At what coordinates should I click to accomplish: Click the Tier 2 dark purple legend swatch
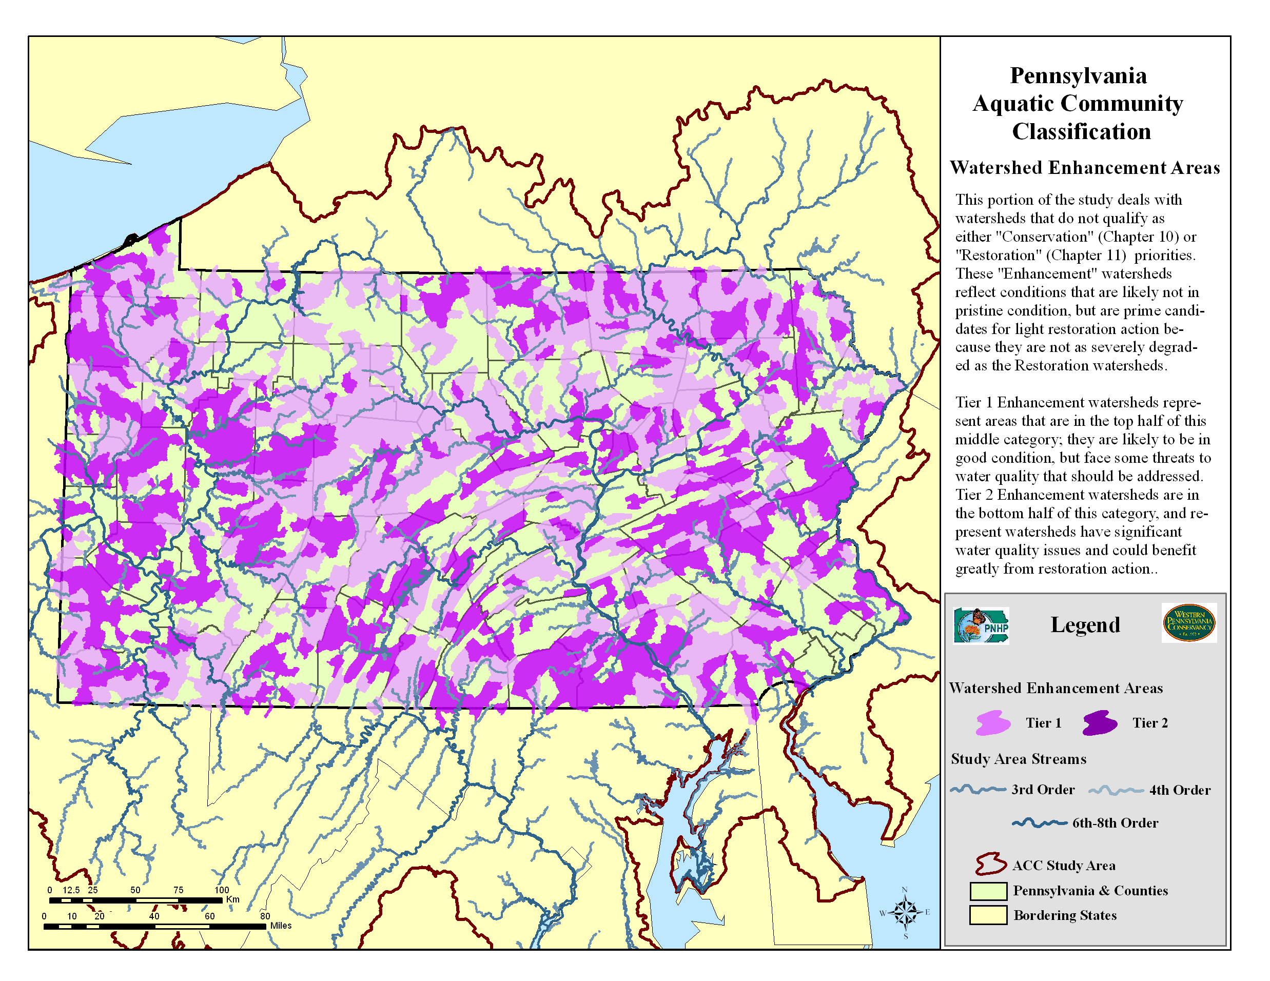coord(1100,723)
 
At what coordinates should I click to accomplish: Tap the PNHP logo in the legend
coord(981,626)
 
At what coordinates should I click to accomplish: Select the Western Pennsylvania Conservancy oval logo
coord(1188,623)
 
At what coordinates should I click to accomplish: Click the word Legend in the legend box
coord(1085,624)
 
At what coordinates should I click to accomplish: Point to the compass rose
coord(905,911)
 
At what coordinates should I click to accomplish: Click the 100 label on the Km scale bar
coord(222,890)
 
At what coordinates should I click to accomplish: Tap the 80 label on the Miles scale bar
coord(265,916)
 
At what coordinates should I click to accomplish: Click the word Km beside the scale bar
coord(232,899)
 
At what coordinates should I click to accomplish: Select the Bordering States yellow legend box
coord(988,915)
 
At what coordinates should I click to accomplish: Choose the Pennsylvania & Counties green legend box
coord(988,890)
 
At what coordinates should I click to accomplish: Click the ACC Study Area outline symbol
coord(991,865)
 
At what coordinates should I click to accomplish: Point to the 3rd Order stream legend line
coord(978,789)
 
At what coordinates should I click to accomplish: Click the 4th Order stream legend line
coord(1116,790)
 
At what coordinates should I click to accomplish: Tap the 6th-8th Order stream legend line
coord(1040,823)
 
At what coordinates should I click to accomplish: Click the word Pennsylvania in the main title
coord(1078,75)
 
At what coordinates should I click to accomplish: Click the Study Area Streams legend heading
coord(1018,759)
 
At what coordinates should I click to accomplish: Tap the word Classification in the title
coord(1081,131)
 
